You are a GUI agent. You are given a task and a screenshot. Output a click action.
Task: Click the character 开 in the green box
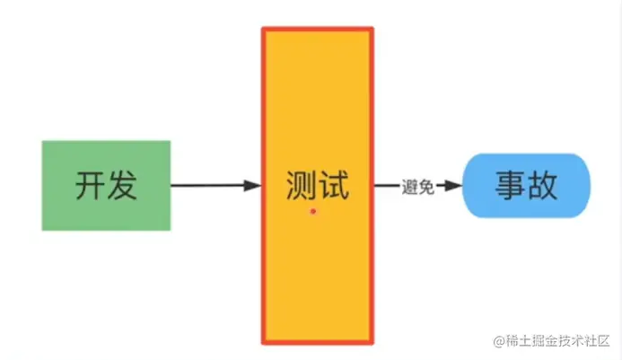pyautogui.click(x=90, y=186)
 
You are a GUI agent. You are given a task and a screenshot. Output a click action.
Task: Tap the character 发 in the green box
pyautogui.click(x=123, y=186)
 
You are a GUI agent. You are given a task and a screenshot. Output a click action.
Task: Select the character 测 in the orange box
pyautogui.click(x=299, y=186)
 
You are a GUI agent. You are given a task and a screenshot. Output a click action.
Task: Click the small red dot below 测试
pyautogui.click(x=313, y=212)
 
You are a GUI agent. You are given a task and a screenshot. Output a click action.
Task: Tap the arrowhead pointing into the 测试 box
pyautogui.click(x=251, y=186)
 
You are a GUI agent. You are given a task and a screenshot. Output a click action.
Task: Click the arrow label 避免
pyautogui.click(x=418, y=187)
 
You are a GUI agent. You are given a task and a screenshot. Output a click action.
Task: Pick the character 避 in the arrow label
pyautogui.click(x=410, y=187)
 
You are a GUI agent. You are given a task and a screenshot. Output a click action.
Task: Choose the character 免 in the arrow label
pyautogui.click(x=426, y=187)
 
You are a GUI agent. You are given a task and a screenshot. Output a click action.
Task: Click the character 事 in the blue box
pyautogui.click(x=510, y=186)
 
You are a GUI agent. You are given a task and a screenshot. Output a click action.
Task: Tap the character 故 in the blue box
pyautogui.click(x=543, y=186)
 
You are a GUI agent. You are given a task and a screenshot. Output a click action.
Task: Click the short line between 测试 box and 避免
pyautogui.click(x=387, y=186)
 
